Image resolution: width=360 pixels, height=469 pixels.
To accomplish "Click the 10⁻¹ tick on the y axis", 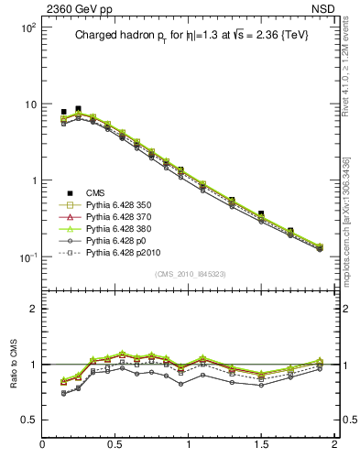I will click(28, 256).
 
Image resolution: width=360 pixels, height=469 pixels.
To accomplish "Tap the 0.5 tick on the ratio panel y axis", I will click(28, 420).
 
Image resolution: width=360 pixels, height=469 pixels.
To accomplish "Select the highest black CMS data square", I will click(78, 108).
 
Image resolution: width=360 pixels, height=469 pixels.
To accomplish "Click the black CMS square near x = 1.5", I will click(261, 213).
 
